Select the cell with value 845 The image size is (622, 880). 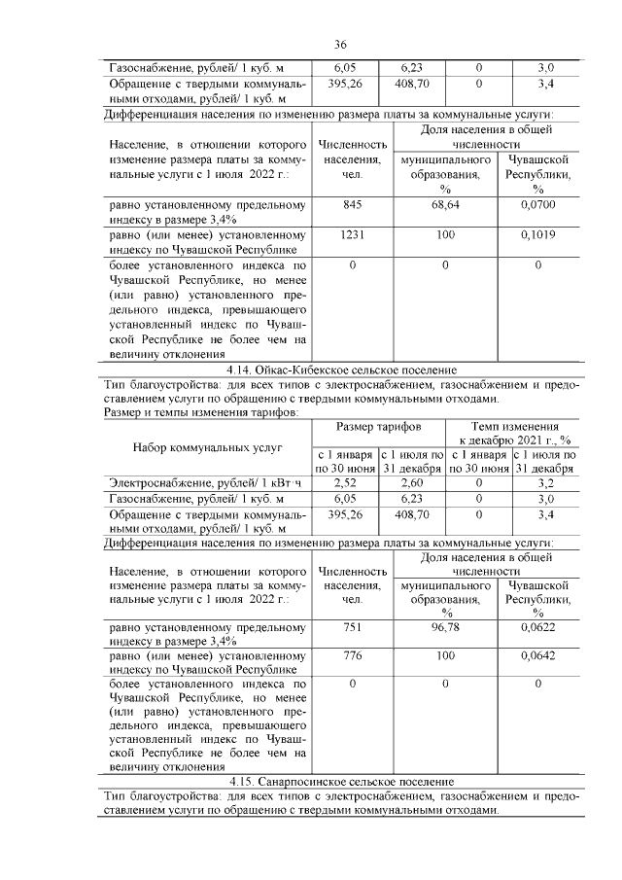click(x=352, y=205)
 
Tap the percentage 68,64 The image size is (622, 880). click(x=444, y=205)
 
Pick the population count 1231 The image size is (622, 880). click(x=352, y=234)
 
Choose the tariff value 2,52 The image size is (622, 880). click(x=345, y=481)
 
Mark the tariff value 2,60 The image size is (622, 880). click(x=411, y=481)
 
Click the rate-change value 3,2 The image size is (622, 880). click(x=545, y=481)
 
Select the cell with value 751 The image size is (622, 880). click(x=352, y=629)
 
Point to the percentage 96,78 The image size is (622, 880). click(x=444, y=629)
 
